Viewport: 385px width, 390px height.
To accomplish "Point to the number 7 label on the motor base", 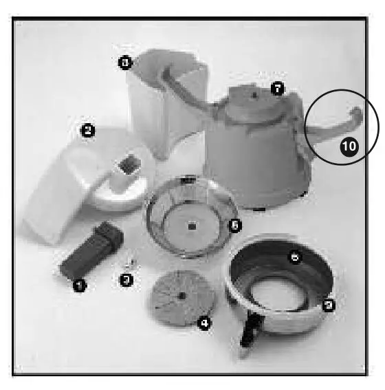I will click(278, 88).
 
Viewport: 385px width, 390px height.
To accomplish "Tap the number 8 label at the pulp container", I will click(124, 63).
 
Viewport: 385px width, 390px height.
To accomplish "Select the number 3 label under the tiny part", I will click(126, 280).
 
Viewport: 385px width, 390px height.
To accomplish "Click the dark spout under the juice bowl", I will click(248, 333).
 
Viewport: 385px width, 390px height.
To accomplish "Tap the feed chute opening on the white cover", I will click(127, 165).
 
